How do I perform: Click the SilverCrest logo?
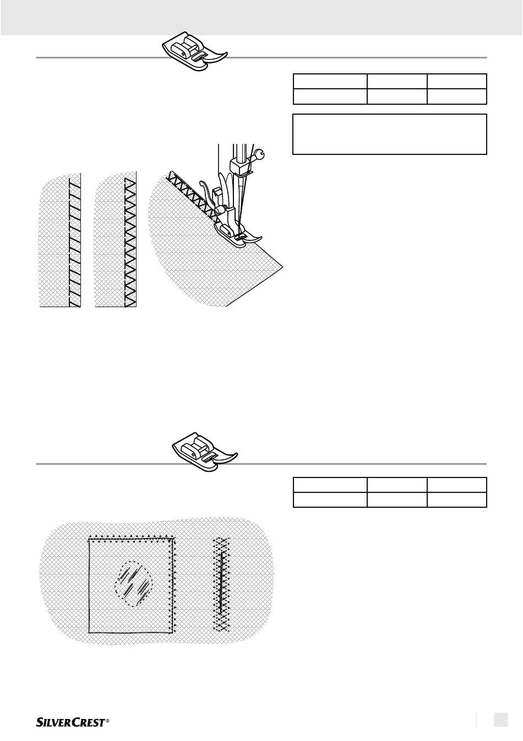(x=73, y=722)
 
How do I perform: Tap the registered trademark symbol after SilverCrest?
(x=107, y=720)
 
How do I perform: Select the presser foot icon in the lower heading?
(x=204, y=452)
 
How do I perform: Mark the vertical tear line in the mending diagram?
(x=221, y=583)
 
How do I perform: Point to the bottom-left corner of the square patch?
(x=89, y=632)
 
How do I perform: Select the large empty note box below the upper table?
(x=390, y=134)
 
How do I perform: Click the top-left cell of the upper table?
(x=330, y=81)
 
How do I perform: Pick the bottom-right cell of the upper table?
(x=457, y=96)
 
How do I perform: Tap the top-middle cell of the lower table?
(x=397, y=485)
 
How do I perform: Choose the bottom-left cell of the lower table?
(x=330, y=500)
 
